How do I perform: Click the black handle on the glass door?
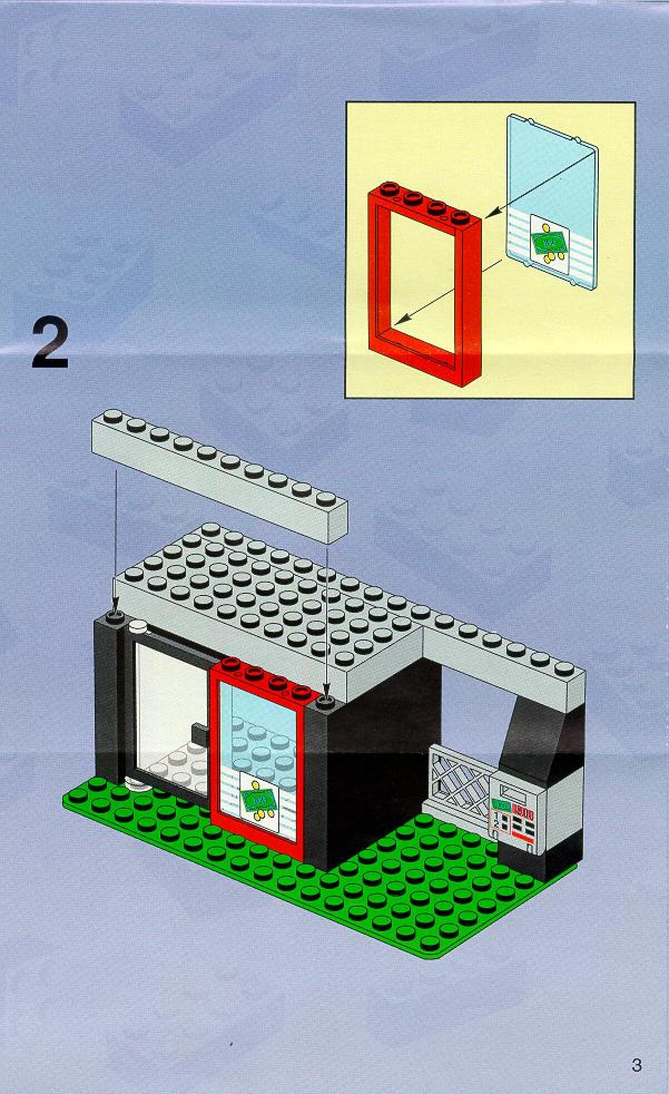198,734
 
